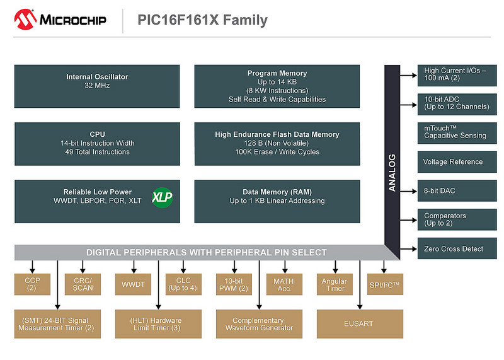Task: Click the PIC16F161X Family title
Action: (202, 20)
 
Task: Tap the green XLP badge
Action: (162, 197)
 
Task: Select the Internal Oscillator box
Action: (97, 81)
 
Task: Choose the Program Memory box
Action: (277, 86)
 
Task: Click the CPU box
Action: (97, 143)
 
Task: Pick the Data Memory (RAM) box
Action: (277, 201)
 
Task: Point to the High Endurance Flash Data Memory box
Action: (277, 143)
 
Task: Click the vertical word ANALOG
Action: (392, 172)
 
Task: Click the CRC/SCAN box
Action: (83, 284)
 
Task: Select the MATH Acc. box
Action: (284, 284)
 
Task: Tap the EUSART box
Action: (359, 323)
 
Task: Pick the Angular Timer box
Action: (334, 284)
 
